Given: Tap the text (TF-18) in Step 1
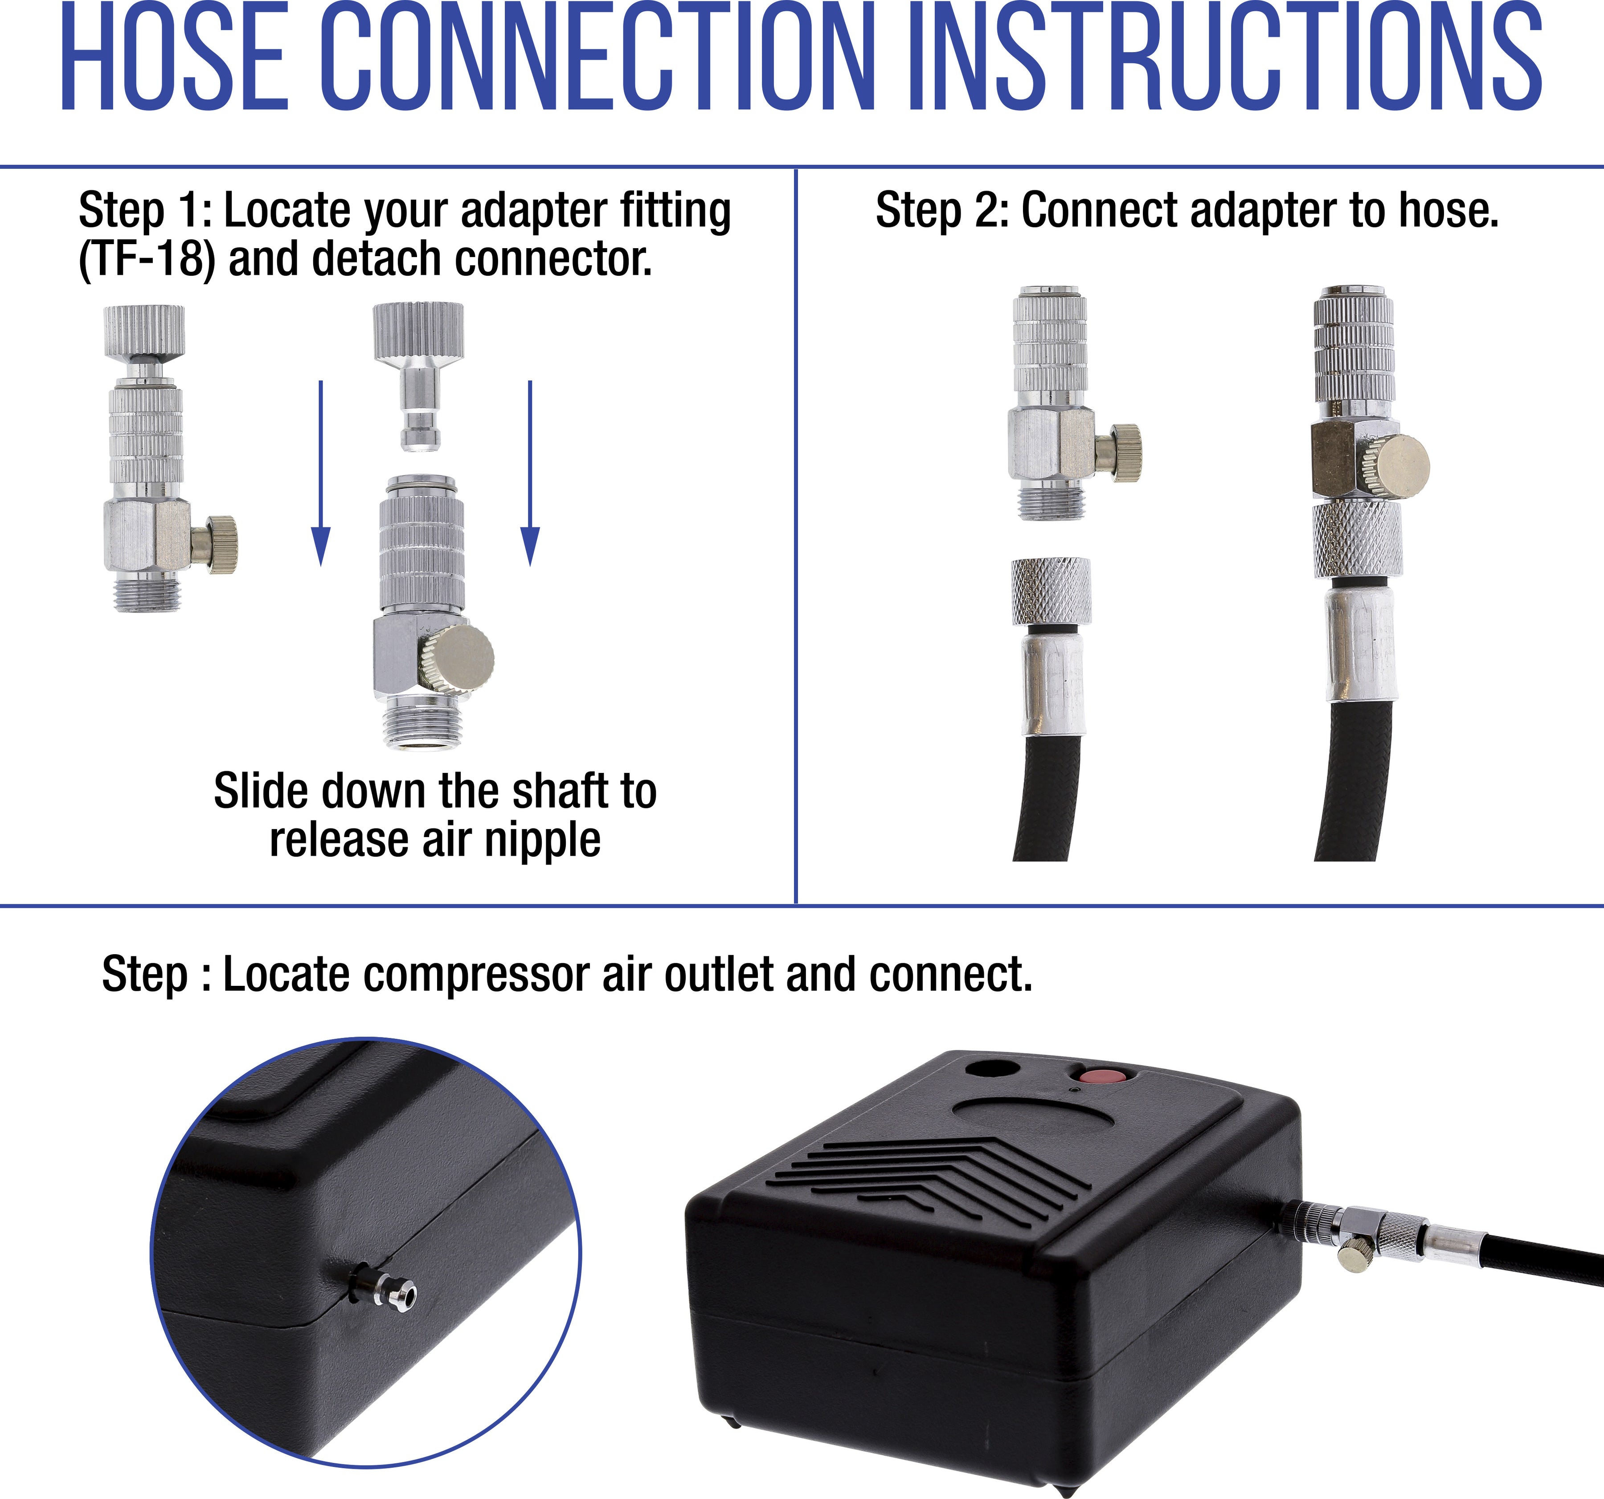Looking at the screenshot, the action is point(147,260).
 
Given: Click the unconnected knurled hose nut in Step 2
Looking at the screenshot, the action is point(1051,592).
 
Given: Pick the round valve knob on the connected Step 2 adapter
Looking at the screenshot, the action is point(1402,467).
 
